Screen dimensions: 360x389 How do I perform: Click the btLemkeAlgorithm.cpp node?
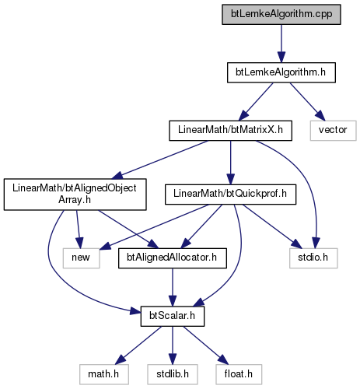coord(281,15)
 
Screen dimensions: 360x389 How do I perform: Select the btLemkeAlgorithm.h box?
coord(281,72)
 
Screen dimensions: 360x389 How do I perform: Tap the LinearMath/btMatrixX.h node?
coord(230,131)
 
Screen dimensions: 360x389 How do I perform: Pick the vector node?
coord(333,131)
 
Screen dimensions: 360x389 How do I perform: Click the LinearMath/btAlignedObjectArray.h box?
coord(75,194)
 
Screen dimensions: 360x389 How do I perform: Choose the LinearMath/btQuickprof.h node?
coord(230,194)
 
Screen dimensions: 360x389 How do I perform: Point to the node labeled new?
coord(81,258)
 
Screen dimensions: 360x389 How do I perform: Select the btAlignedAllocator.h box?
coord(173,258)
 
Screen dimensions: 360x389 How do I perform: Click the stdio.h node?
coord(313,258)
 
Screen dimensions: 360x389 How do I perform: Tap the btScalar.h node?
coord(173,317)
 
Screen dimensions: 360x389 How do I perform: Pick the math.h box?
coord(104,374)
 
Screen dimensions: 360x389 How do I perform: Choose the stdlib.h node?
coord(173,374)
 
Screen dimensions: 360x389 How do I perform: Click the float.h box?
coord(239,374)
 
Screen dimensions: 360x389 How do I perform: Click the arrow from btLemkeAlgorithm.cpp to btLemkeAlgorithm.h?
coord(281,44)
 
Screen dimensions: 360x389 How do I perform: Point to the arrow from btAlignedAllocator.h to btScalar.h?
coord(173,287)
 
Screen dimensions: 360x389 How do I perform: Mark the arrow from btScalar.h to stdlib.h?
coord(173,345)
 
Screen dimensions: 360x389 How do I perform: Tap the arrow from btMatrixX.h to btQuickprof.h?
coord(230,163)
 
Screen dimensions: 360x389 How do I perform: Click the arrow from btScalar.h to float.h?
coord(206,345)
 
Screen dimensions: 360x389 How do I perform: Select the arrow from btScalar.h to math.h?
coord(138,345)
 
